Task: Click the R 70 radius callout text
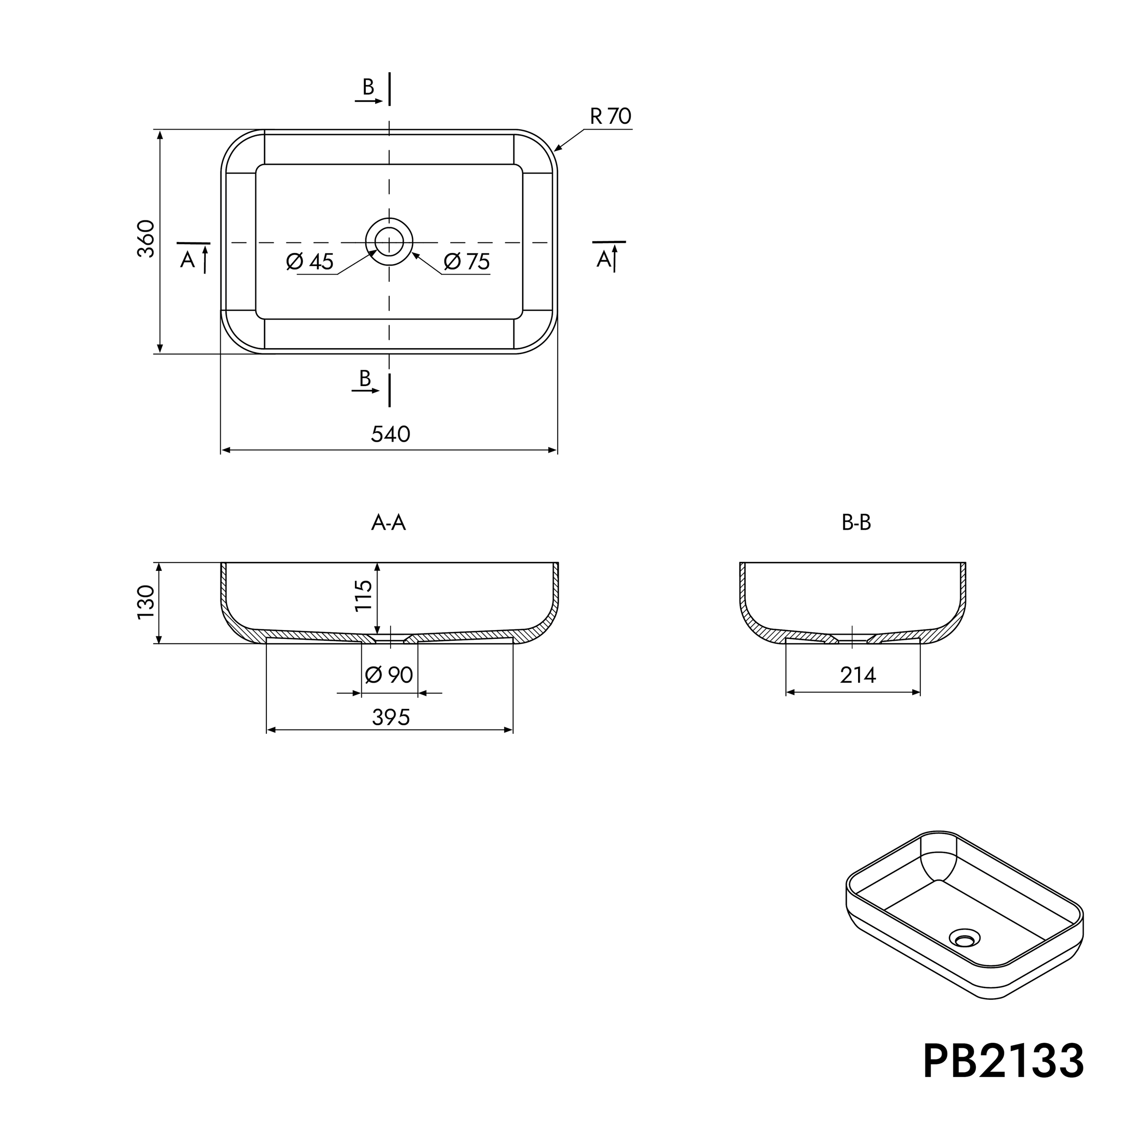(x=610, y=117)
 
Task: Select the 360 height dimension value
(x=146, y=239)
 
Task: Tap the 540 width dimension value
(x=390, y=434)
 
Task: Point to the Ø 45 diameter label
(x=310, y=262)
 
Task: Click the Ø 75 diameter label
(x=467, y=262)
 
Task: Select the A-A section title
(x=388, y=523)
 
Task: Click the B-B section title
(x=856, y=523)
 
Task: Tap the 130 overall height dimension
(x=146, y=602)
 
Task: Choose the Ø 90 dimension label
(x=389, y=675)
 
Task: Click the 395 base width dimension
(x=390, y=718)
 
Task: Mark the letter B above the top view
(x=368, y=87)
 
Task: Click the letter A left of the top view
(x=187, y=260)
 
